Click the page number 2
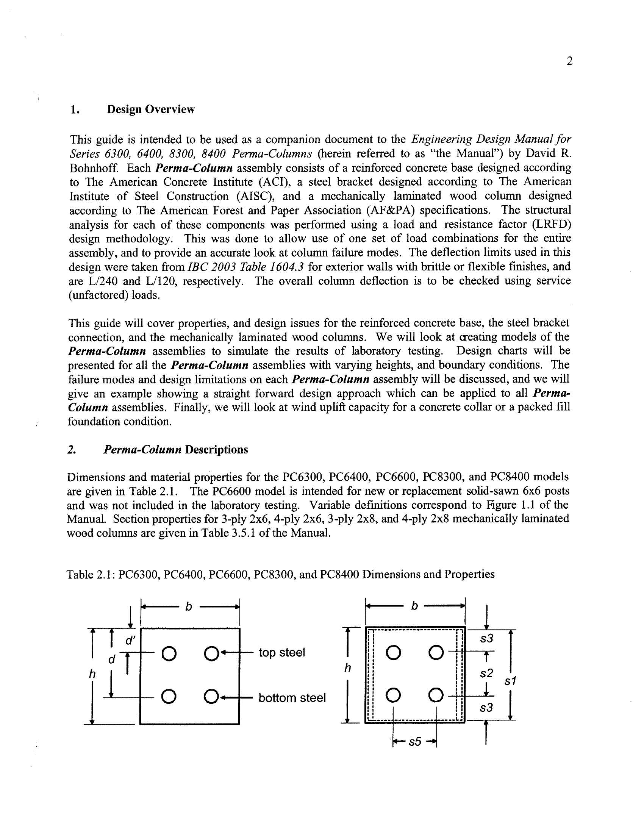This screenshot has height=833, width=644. (569, 61)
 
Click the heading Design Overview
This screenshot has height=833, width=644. (151, 109)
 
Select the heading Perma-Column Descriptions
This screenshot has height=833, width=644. (175, 449)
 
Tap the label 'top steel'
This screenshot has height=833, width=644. (281, 653)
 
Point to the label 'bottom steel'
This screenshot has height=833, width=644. (292, 698)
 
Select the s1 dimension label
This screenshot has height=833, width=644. (510, 681)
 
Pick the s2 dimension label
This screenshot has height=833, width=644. (486, 674)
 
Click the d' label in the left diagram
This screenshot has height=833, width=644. (130, 641)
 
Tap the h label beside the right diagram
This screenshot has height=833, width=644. (347, 668)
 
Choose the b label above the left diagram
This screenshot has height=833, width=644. (189, 606)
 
